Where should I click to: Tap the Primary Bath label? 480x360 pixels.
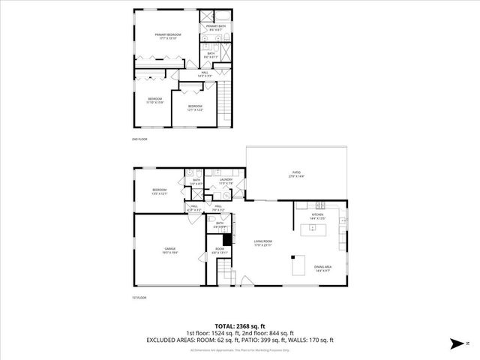[215, 28]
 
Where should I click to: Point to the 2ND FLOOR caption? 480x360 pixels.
[139, 139]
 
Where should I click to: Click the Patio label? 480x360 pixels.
[296, 175]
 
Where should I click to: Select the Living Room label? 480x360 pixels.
[262, 243]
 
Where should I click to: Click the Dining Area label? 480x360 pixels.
[323, 268]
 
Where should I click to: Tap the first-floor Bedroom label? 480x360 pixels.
[159, 191]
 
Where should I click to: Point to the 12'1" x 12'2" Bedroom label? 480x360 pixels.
[195, 108]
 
